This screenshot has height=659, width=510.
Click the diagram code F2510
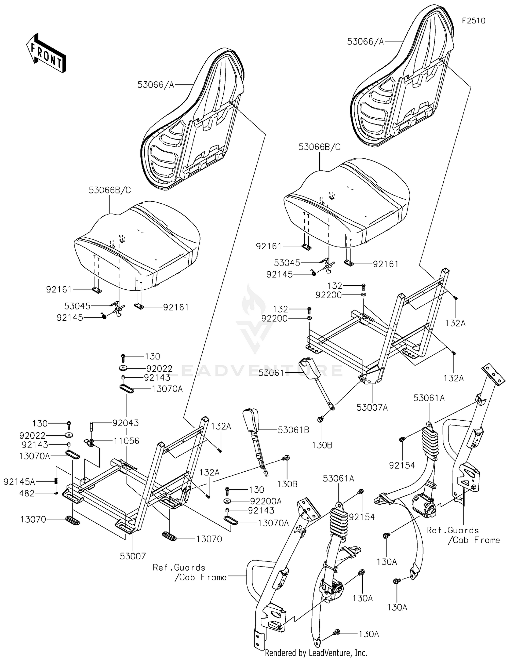click(x=473, y=21)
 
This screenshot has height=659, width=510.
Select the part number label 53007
click(x=133, y=556)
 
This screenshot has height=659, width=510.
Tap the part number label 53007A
click(x=373, y=407)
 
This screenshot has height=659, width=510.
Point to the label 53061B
click(x=293, y=430)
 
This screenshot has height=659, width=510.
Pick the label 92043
click(x=125, y=423)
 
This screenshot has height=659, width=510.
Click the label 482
click(x=27, y=493)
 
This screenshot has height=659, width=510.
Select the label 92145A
click(x=19, y=481)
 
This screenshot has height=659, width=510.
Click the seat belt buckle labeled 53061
click(x=309, y=367)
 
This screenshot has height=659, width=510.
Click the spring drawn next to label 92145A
click(x=57, y=481)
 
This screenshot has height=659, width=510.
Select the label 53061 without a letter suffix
click(x=271, y=373)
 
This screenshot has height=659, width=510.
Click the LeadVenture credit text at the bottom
click(x=316, y=653)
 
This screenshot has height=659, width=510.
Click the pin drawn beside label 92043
click(x=91, y=426)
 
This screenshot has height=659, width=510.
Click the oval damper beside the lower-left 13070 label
click(x=72, y=520)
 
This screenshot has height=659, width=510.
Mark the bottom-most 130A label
click(x=369, y=634)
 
